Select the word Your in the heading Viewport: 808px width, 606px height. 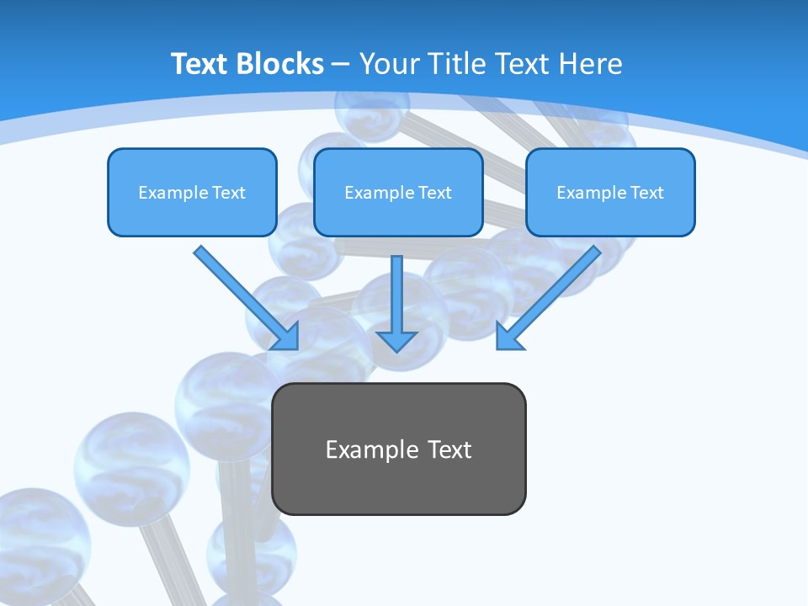[x=387, y=64]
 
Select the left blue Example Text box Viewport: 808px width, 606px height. [x=192, y=215]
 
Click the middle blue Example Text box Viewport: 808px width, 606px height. [x=398, y=215]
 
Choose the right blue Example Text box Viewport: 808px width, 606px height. [x=610, y=215]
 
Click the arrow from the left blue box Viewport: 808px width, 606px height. [x=244, y=296]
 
